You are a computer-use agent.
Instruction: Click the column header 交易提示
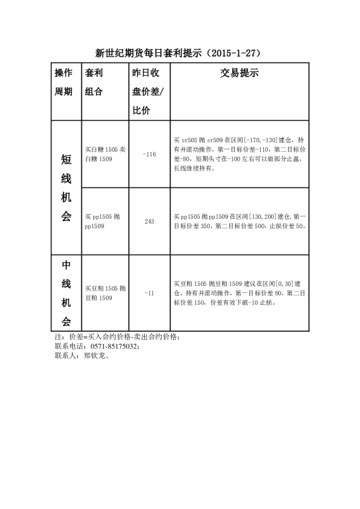click(x=239, y=74)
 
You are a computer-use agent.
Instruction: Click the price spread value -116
click(x=149, y=155)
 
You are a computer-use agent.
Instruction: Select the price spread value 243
click(x=149, y=221)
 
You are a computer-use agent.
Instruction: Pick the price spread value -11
click(x=149, y=293)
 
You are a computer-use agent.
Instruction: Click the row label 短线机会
click(x=66, y=188)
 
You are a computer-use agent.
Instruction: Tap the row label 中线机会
click(x=66, y=293)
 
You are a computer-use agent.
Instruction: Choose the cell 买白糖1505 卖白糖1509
click(x=106, y=154)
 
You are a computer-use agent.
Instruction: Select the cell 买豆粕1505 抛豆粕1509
click(x=106, y=293)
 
